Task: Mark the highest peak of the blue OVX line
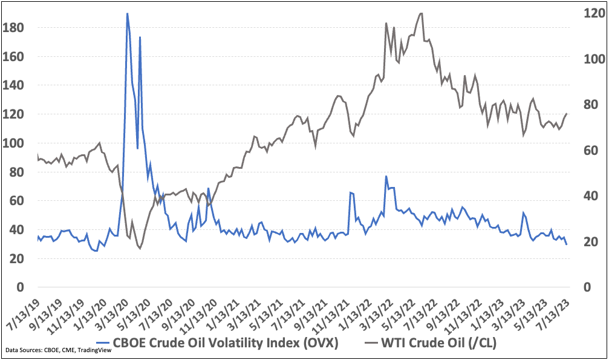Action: click(127, 13)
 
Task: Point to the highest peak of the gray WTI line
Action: click(421, 13)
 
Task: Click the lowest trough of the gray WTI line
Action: click(140, 248)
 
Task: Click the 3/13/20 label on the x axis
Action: click(113, 310)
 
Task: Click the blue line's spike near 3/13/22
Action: click(386, 176)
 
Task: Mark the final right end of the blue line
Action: click(567, 244)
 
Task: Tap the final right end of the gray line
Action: click(567, 114)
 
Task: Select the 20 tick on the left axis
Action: click(14, 258)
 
